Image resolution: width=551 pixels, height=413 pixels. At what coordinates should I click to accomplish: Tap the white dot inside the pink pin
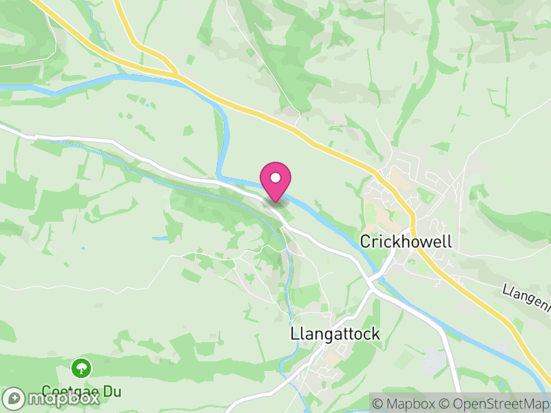click(x=275, y=178)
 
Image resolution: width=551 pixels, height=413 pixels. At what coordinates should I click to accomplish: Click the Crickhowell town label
click(x=406, y=242)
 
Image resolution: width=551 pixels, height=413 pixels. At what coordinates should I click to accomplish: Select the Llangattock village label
click(x=335, y=334)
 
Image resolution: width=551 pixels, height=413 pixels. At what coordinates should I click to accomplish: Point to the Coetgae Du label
click(x=81, y=392)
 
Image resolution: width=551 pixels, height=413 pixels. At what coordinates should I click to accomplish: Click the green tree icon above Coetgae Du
click(x=81, y=367)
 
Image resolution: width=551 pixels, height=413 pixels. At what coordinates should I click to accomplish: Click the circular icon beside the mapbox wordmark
click(x=13, y=398)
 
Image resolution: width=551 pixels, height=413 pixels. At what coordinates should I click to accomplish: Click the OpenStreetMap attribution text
click(x=499, y=403)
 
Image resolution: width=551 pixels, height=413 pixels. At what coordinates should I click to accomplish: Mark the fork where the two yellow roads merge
click(x=176, y=72)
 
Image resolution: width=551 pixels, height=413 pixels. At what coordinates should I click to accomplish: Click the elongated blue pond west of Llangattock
click(x=161, y=239)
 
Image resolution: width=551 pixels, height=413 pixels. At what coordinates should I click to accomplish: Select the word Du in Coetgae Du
click(x=112, y=392)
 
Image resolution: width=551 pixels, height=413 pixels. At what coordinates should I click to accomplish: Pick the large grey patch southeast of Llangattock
click(x=433, y=361)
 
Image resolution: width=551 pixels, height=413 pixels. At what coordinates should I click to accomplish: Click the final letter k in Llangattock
click(x=375, y=334)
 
